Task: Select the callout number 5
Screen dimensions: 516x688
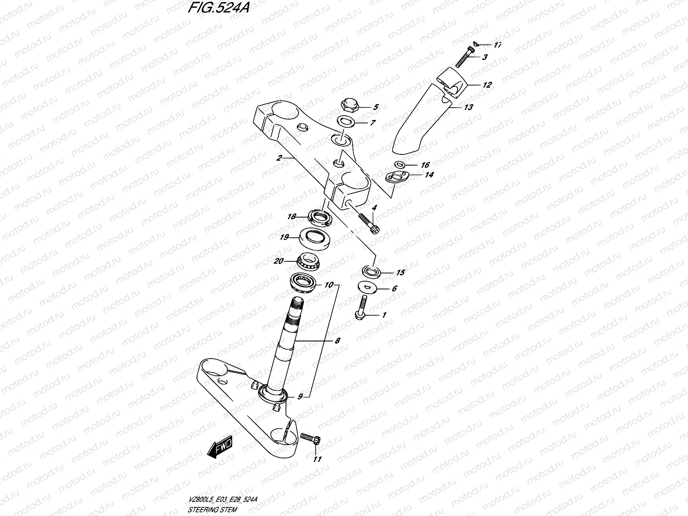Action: pos(375,107)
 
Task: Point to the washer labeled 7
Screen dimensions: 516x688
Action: pos(346,122)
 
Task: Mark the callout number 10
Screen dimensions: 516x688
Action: pos(329,285)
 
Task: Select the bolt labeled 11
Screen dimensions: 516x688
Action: pos(309,438)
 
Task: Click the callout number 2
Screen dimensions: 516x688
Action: pos(279,158)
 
